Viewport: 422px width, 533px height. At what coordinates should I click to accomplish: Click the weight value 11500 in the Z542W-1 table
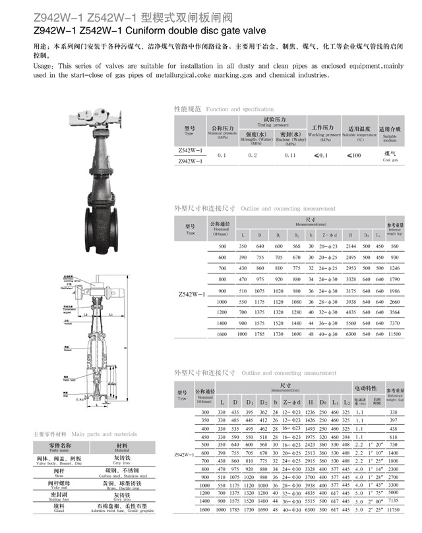(395, 335)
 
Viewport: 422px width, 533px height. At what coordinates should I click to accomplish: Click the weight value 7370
(395, 323)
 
